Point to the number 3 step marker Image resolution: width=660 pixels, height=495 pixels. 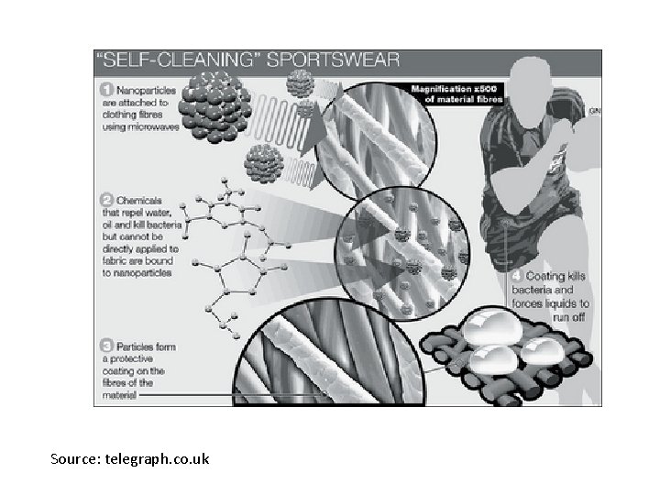pos(105,347)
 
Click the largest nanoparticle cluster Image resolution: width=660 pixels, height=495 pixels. pos(214,108)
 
